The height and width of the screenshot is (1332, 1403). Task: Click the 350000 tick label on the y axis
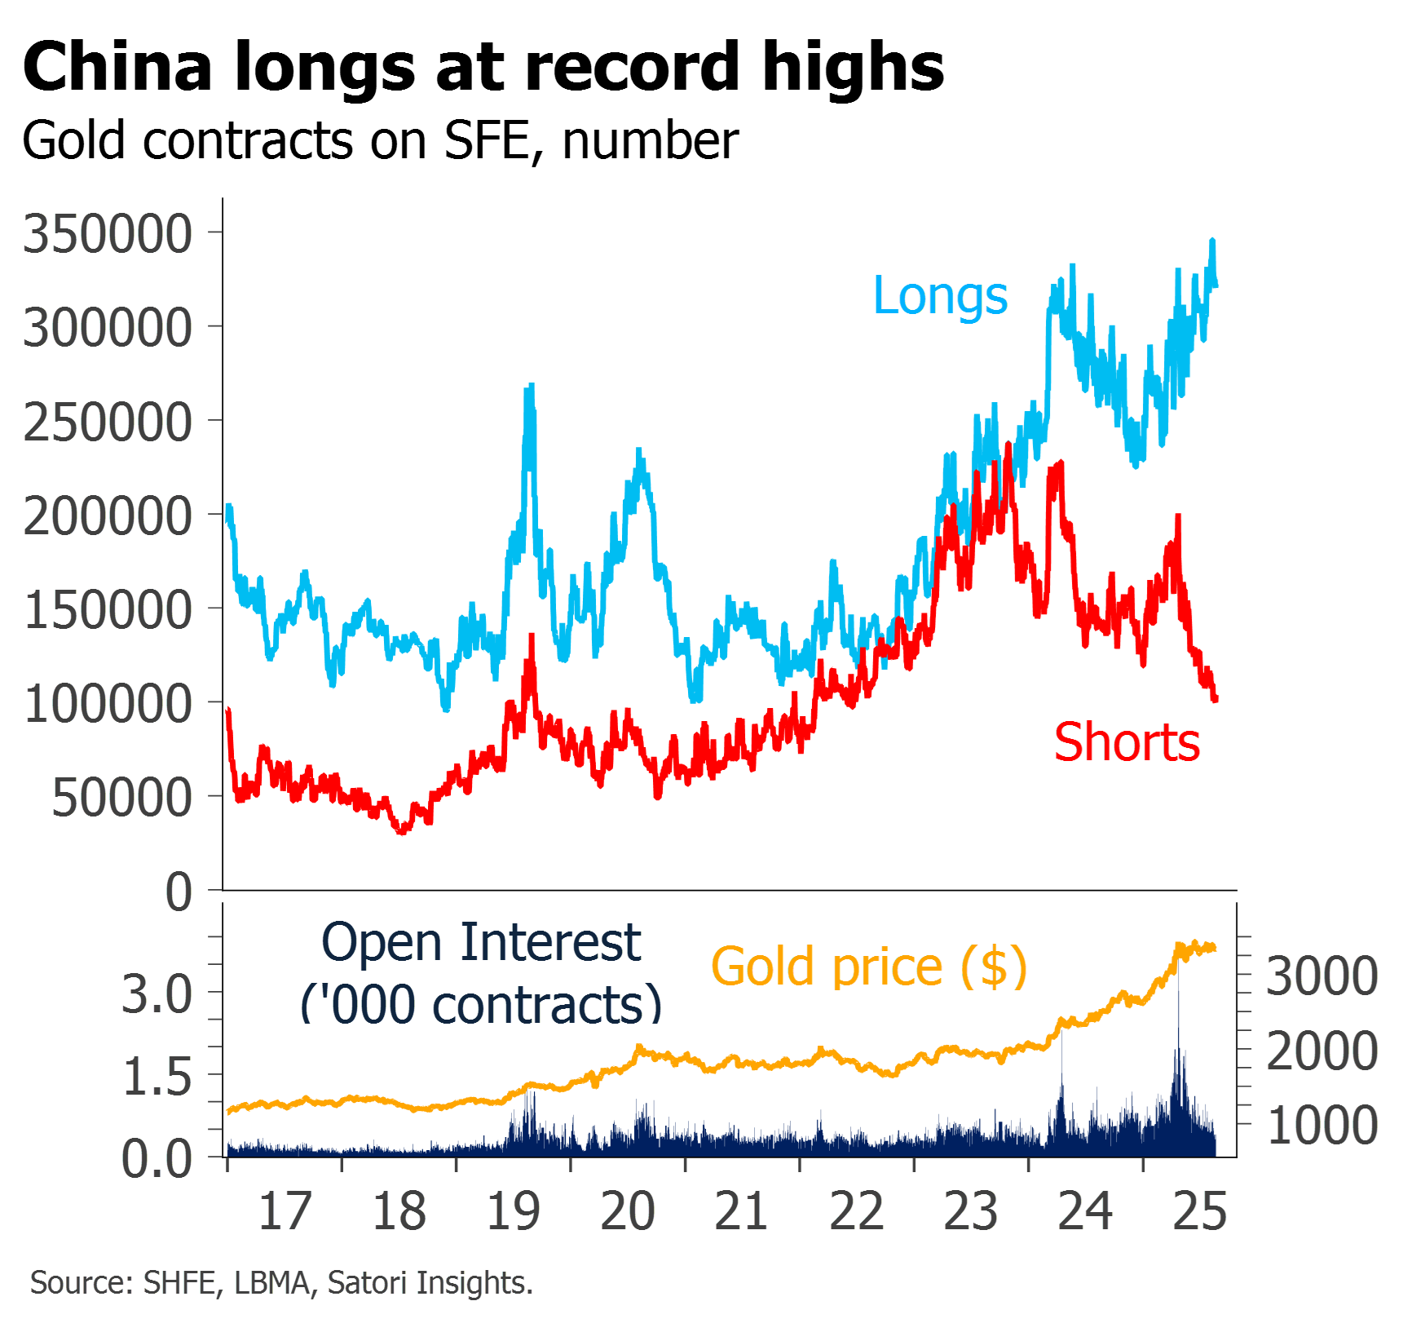tap(108, 234)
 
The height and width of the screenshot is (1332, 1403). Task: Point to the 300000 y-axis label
tap(108, 328)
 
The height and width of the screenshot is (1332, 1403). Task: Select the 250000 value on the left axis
tap(108, 423)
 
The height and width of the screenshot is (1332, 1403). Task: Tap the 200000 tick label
tap(108, 516)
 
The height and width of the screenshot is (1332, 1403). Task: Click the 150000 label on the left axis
tap(108, 610)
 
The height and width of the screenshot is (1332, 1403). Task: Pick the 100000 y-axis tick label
tap(108, 704)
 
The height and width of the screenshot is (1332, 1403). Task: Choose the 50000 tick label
tap(121, 798)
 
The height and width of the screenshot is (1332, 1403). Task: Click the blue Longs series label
tap(940, 295)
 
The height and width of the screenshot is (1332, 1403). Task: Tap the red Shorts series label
tap(1127, 743)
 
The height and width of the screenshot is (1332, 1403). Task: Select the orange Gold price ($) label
tap(869, 967)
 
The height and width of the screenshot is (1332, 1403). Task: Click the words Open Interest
tap(481, 943)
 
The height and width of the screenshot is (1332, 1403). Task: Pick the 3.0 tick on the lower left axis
tap(157, 995)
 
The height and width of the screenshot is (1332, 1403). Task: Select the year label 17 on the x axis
tap(285, 1211)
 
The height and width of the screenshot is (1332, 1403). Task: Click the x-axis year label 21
tap(741, 1211)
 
